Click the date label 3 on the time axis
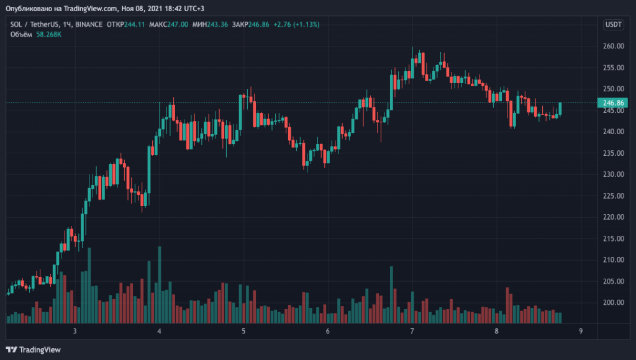75,331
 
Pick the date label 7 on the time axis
412,331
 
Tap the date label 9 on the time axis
580,331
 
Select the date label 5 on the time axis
243,331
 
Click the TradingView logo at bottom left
34,349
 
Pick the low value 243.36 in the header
219,24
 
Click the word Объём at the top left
20,34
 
